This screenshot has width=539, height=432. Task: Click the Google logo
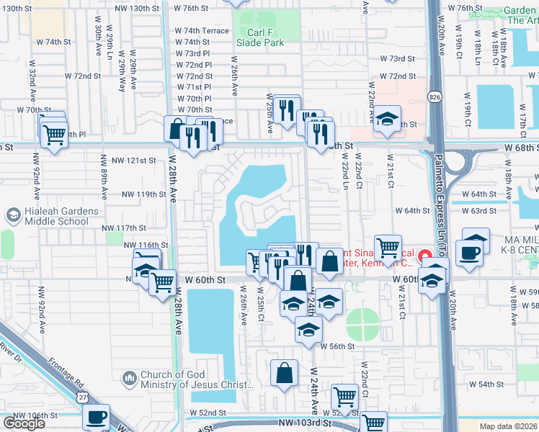click(x=24, y=423)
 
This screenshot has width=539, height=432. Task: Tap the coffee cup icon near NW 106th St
click(x=96, y=417)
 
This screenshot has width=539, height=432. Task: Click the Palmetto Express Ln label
click(x=440, y=238)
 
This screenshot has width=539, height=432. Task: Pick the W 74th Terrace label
click(x=202, y=31)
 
